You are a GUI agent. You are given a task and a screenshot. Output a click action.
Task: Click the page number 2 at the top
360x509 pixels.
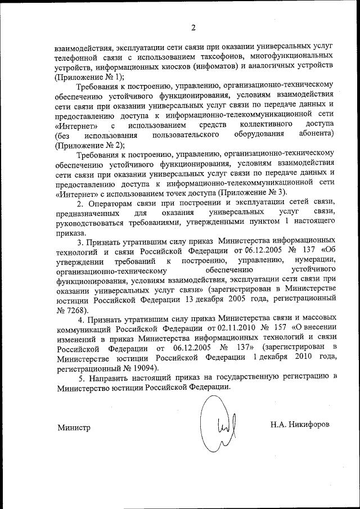192,28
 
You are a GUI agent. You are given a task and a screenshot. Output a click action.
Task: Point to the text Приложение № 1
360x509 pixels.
88,76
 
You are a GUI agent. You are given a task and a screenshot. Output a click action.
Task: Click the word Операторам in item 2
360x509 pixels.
109,202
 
